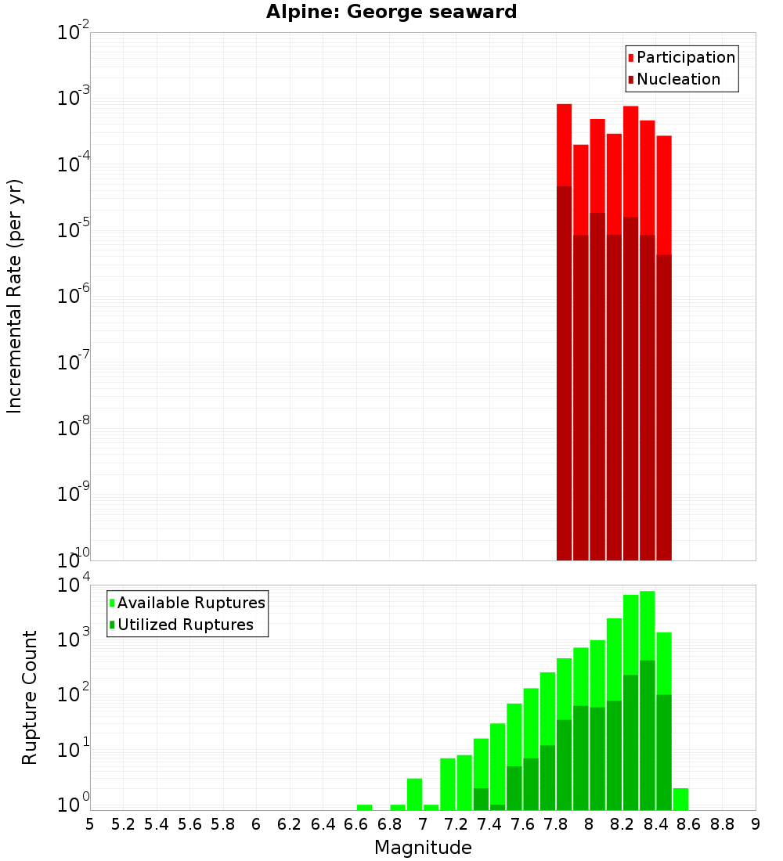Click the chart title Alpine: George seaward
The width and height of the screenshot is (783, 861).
[x=391, y=12]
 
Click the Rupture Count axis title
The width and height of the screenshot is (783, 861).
[x=30, y=697]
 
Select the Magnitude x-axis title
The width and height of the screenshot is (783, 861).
[x=423, y=847]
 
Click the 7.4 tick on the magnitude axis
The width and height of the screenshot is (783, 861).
[x=489, y=823]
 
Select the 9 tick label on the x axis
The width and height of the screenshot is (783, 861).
[x=755, y=823]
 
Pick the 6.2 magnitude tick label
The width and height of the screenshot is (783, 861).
[x=290, y=823]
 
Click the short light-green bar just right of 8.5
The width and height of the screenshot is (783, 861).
[x=680, y=798]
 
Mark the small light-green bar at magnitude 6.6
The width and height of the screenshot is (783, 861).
[x=364, y=807]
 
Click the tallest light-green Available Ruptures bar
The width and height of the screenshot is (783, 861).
[x=648, y=626]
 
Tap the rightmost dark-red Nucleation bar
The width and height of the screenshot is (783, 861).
[x=664, y=407]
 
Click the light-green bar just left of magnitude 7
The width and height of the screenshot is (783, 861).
[x=414, y=794]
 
